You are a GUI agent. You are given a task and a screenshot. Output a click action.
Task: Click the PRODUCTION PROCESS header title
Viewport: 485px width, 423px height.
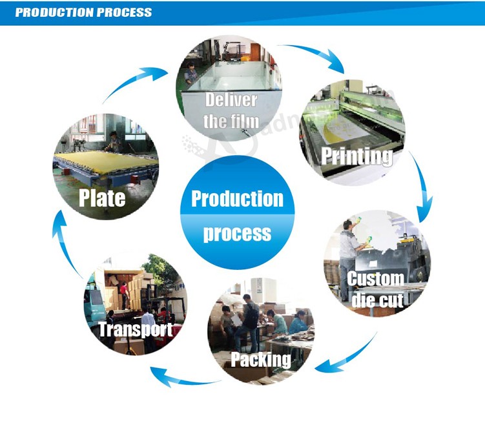(83, 12)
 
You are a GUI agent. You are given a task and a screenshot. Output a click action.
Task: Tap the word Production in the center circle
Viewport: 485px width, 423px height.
(237, 198)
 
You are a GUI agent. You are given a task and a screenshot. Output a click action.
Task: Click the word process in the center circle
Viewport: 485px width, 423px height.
(237, 234)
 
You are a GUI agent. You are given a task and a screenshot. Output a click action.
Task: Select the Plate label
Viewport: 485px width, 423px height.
(102, 198)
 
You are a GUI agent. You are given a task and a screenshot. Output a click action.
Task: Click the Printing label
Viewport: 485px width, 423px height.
(357, 156)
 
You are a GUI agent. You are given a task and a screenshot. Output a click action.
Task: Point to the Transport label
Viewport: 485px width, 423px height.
(136, 329)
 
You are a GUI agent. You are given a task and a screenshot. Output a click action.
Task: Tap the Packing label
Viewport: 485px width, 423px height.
(261, 360)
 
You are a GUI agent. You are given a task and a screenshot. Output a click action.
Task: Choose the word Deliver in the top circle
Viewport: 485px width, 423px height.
(231, 100)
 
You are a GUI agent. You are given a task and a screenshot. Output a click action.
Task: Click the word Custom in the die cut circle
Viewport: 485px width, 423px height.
(375, 278)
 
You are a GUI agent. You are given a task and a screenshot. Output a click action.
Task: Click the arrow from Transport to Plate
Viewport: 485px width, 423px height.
(63, 244)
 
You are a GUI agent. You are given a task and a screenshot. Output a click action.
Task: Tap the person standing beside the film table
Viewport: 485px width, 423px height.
(191, 73)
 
